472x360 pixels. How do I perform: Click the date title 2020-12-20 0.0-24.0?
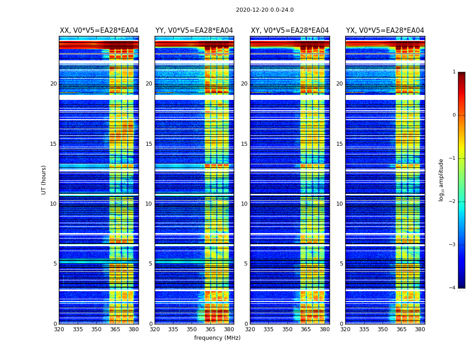265,10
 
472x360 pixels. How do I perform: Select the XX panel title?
99,31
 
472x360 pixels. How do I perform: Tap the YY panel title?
194,31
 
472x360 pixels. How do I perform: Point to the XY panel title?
290,31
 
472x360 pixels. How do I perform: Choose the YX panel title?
385,31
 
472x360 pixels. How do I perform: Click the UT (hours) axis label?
44,180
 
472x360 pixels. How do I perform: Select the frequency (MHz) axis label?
217,338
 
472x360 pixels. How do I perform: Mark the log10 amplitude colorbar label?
441,180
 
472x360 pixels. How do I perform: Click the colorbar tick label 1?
454,72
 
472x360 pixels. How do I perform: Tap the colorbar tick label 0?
454,115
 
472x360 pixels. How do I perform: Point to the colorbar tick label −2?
453,202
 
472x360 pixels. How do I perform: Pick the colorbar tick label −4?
453,288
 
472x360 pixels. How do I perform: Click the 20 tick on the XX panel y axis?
53,84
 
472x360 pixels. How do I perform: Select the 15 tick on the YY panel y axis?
149,144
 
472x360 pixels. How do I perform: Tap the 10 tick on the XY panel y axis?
244,204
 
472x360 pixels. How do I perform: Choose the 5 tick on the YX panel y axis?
341,264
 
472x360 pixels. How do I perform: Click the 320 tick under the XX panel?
59,329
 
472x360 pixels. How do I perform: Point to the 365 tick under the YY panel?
210,329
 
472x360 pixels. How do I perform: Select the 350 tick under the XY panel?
287,329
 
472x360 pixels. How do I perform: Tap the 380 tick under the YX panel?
420,329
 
